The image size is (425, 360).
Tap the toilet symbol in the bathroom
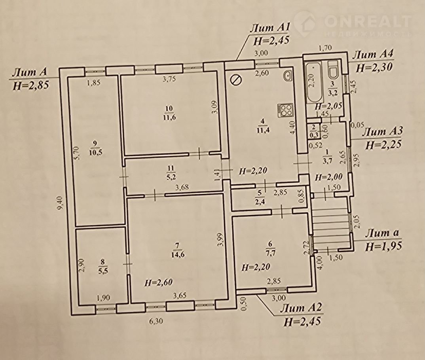(333, 70)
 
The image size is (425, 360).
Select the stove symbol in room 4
(285, 111)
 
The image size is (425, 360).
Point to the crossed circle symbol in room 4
(235, 80)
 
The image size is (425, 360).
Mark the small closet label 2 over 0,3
(313, 131)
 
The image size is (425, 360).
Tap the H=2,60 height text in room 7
(158, 282)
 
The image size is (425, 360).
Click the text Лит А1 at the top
(270, 28)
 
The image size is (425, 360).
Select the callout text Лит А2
(301, 309)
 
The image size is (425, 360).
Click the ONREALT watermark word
(367, 21)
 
